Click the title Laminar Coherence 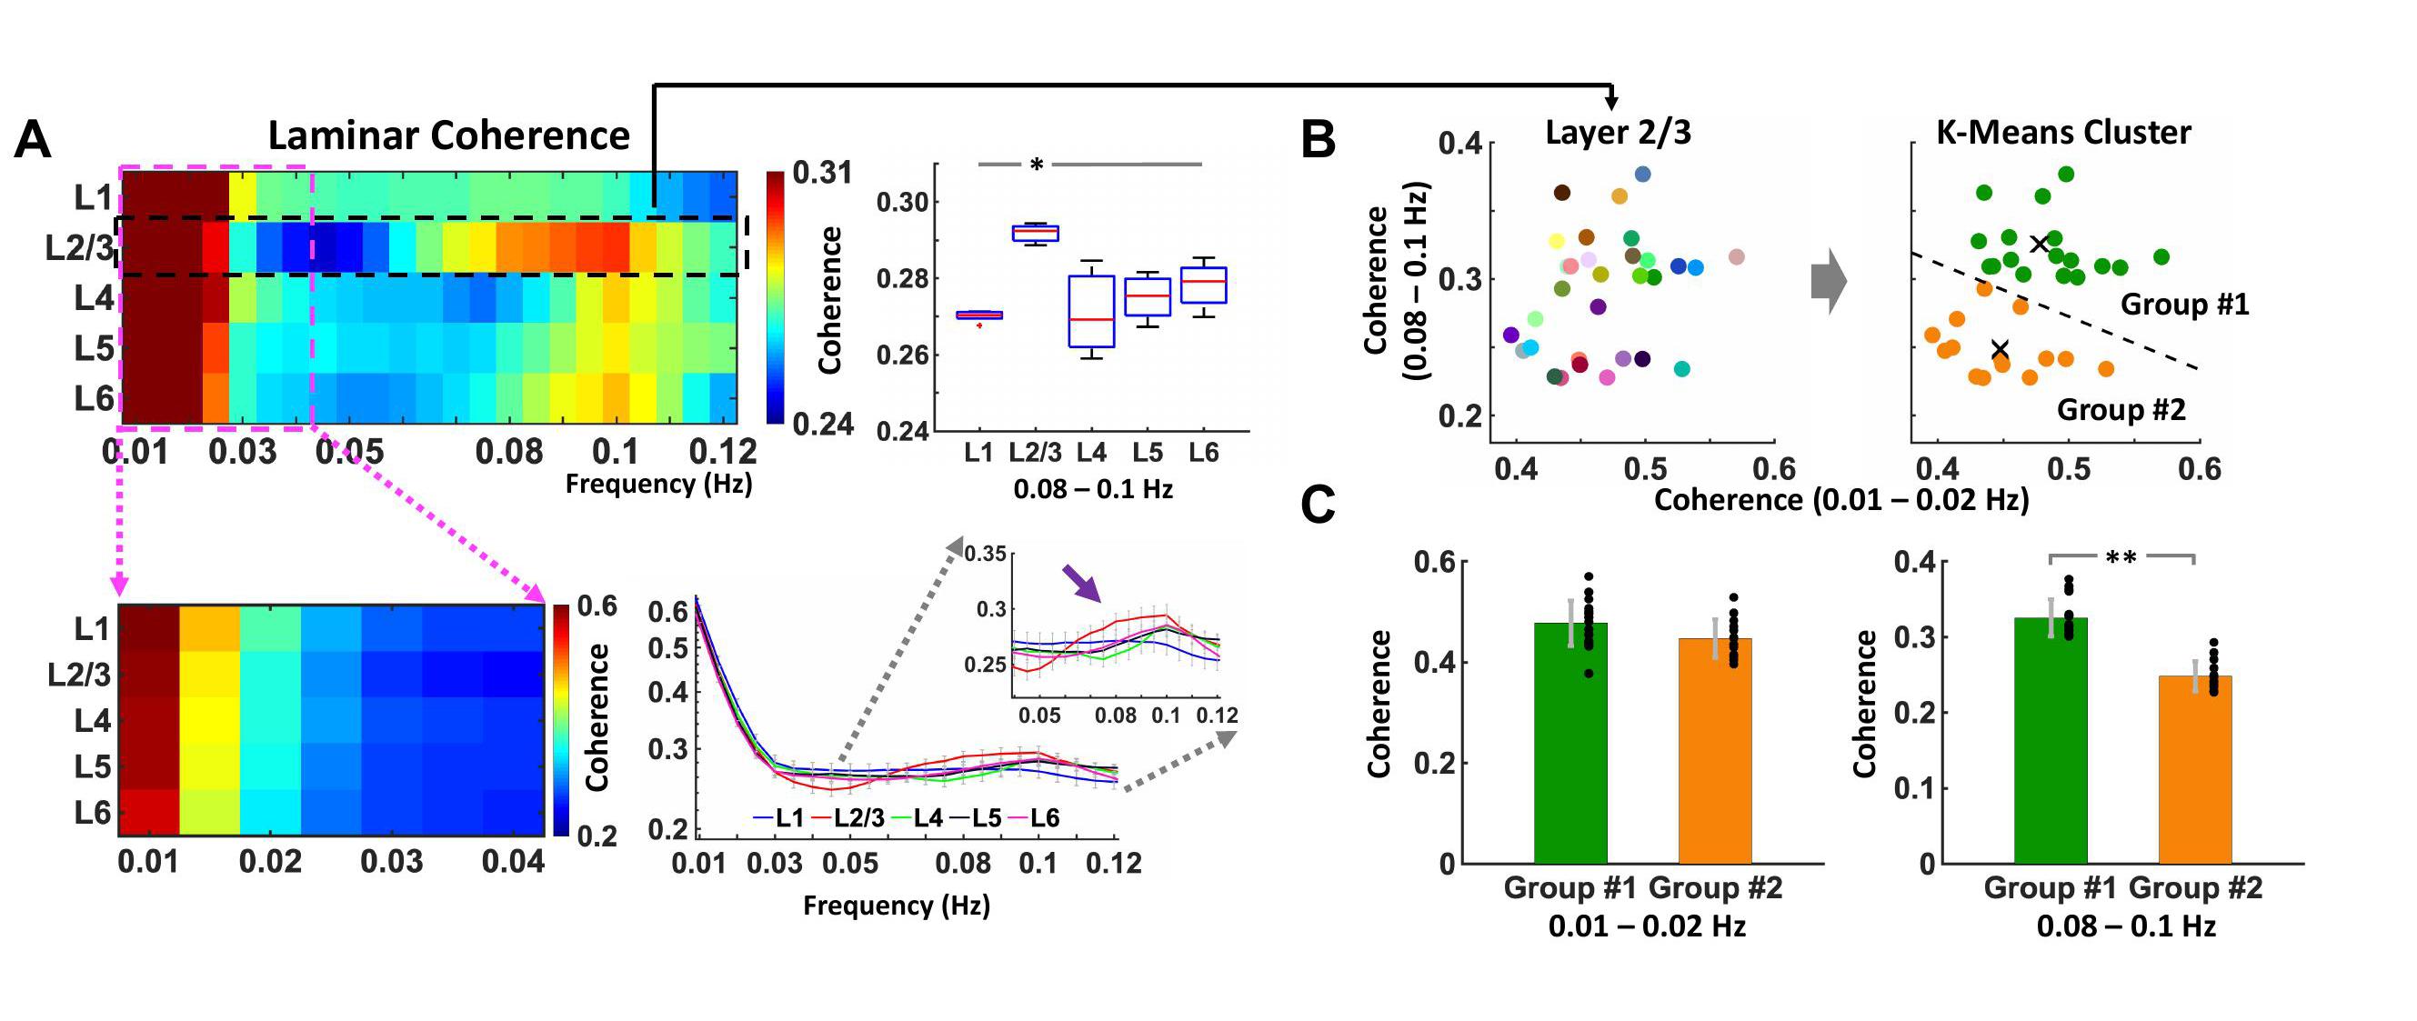(x=448, y=136)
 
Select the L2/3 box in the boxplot (x=1035, y=233)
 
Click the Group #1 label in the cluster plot (x=2184, y=305)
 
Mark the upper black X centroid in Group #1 (x=2039, y=244)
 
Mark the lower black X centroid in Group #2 (x=2000, y=349)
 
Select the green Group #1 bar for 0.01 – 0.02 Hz (x=1570, y=742)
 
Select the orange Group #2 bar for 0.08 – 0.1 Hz (x=2194, y=768)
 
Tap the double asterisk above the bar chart (x=2121, y=558)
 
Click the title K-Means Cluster (x=2063, y=133)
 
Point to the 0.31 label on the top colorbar (x=822, y=173)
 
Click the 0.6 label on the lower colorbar (x=597, y=606)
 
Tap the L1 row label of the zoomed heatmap (x=92, y=629)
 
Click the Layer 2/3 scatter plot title (x=1618, y=133)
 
